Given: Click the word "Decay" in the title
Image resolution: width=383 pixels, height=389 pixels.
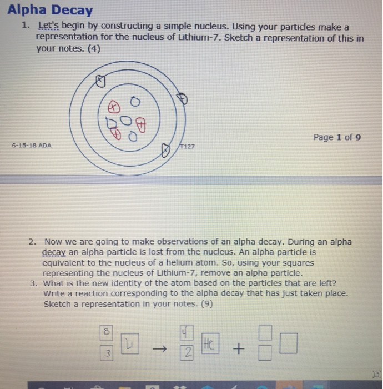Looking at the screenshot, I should [72, 10].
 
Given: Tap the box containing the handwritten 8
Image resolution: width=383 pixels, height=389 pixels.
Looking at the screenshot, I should [106, 332].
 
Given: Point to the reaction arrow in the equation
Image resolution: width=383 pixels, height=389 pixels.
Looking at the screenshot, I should [159, 348].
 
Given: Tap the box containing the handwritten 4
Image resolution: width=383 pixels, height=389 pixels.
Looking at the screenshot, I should [185, 333].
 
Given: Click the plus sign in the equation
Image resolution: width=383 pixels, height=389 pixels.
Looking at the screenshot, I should [239, 349].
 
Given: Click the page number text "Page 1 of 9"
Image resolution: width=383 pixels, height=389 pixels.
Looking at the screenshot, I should [337, 137].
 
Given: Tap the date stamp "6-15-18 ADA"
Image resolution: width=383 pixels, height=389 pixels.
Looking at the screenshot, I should [32, 146].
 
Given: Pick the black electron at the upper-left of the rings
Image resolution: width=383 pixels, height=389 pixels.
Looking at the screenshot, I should [100, 81].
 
